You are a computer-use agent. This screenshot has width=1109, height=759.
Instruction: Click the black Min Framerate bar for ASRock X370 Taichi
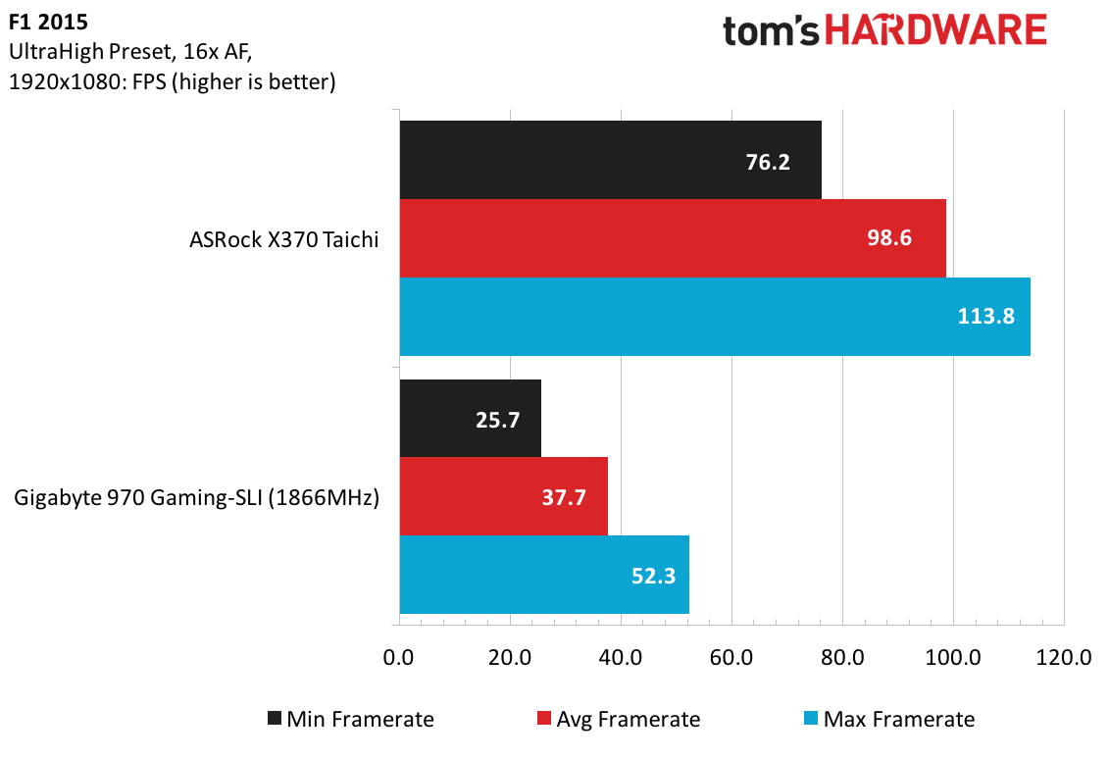coord(610,160)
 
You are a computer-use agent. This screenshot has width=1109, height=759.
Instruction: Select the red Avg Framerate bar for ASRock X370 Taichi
coord(673,238)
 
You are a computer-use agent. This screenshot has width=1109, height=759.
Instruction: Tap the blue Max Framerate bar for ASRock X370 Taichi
coord(715,316)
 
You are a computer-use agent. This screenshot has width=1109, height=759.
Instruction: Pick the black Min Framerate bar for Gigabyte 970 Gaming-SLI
coord(471,418)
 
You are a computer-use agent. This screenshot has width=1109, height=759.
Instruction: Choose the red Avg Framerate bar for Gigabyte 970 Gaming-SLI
coord(504,496)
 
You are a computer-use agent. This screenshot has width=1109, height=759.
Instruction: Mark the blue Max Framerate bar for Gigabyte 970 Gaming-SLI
coord(544,575)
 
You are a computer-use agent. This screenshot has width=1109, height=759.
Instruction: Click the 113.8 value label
coord(985,316)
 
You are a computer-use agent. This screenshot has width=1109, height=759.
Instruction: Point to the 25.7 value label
coord(497,420)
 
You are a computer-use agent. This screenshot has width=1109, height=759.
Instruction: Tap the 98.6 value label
coord(889,237)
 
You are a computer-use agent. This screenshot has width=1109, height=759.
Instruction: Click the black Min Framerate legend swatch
coord(275,719)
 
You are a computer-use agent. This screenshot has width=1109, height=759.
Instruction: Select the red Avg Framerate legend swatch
coord(544,719)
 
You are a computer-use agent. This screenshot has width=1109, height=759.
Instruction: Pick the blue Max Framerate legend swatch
coord(811,719)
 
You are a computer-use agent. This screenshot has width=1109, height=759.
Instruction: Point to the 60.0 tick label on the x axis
coord(731,657)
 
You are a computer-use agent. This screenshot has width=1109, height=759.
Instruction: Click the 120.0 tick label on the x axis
coord(1064,657)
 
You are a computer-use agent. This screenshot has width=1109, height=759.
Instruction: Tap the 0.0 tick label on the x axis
coord(398,657)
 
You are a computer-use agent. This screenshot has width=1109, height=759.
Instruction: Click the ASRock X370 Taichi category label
coord(283,240)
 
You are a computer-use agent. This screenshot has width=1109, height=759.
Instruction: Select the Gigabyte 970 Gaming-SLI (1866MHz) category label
coord(197,498)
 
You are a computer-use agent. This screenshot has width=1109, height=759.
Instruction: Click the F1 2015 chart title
coord(48,22)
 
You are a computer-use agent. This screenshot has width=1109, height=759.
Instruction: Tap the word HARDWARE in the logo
coord(935,31)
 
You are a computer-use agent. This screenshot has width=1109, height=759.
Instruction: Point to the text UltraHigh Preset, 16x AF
coord(130,52)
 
